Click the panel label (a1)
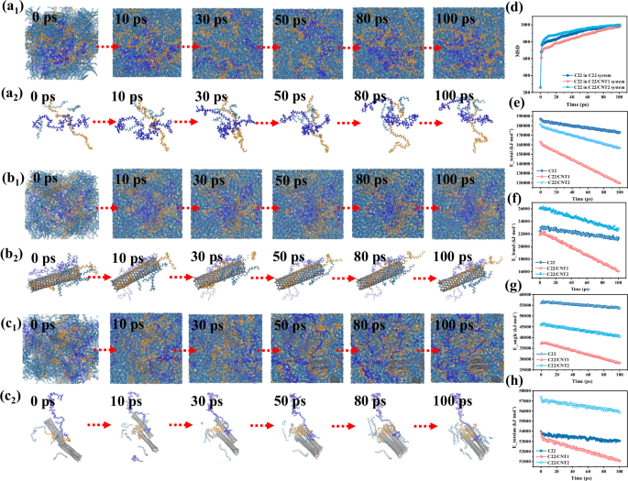coord(13,9)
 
